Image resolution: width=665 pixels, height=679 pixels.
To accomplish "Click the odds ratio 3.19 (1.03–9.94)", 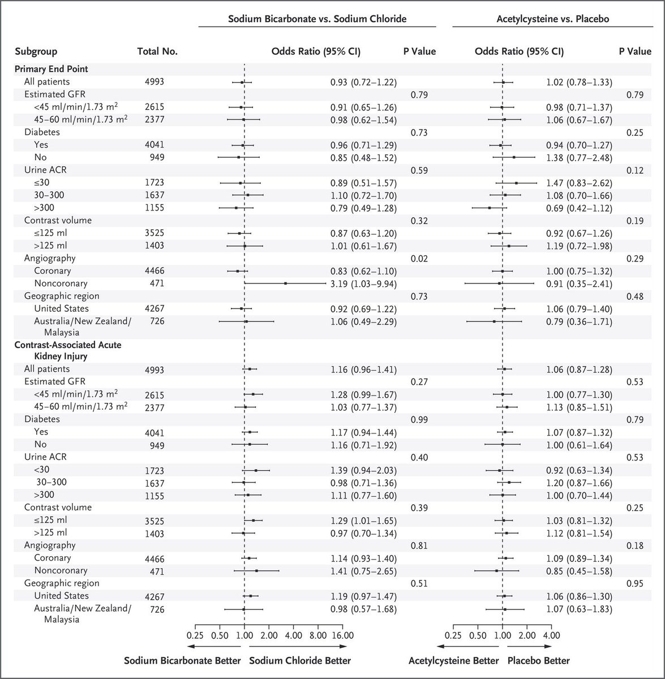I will pos(363,283).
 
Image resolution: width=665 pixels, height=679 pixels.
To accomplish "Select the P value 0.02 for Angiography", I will pos(419,258).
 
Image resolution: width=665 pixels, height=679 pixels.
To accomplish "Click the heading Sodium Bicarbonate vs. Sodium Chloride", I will pos(317,18).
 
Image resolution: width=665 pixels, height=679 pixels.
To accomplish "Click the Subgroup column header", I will pos(36,51).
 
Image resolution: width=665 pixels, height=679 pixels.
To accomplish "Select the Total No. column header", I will pos(157,51).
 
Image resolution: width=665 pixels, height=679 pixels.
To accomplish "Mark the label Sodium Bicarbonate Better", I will pos(183,660).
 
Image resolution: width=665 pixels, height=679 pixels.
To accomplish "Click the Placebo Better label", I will pos(538,660).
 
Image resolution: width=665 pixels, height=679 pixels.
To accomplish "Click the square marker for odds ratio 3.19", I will pos(285,283).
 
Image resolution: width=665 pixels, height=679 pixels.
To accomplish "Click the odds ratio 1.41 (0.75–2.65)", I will pos(363,571).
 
